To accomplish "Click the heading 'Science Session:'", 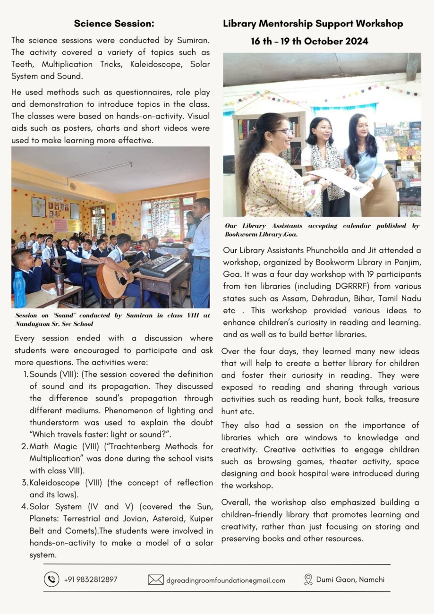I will point(114,24).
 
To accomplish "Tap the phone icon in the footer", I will point(51,580).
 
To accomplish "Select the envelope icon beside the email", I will point(156,580).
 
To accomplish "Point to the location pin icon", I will point(308,580).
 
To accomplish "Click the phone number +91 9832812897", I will point(91,580).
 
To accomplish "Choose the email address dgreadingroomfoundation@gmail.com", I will point(226,580).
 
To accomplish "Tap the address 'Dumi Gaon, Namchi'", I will point(350,580).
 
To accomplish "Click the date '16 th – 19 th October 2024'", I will point(309,41).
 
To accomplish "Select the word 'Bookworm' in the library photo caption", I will point(246,234).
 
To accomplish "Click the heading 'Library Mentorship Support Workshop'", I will point(313,24).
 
